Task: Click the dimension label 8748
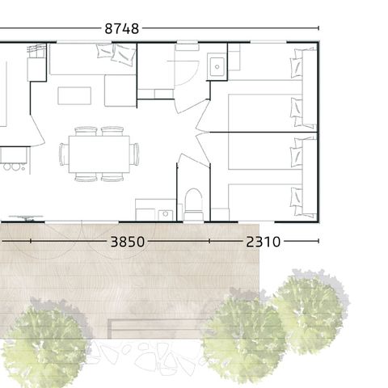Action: point(122,28)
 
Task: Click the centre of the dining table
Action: point(99,154)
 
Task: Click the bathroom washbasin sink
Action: point(217,65)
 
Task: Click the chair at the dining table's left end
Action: point(63,154)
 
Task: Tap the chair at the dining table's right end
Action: point(135,154)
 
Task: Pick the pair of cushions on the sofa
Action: point(115,54)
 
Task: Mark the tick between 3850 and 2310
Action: point(209,241)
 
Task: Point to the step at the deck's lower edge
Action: point(154,327)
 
